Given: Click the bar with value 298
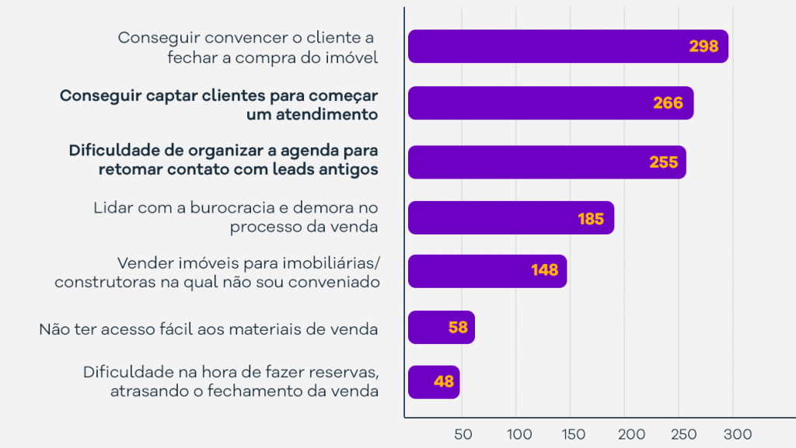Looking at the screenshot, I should point(567,47).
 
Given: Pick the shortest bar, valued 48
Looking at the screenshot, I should point(434,382).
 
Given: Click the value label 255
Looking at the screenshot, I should point(663,162).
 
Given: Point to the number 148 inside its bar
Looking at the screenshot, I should point(545,270).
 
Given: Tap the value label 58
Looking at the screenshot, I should point(458,328).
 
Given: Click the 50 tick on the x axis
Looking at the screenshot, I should point(463,433).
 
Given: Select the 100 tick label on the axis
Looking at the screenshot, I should point(518,433).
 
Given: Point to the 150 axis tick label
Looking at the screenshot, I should point(574,433).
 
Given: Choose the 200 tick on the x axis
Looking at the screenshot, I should point(630,433).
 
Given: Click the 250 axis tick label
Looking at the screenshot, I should point(685,433).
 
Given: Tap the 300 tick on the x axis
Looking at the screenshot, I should point(738,433).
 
